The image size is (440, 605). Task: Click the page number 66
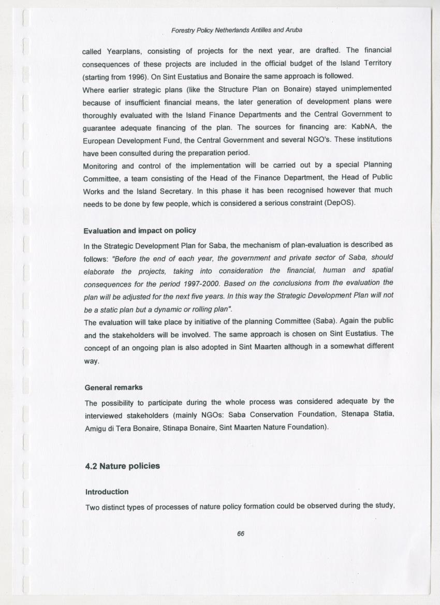click(x=240, y=534)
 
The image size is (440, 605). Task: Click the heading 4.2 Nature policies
click(x=122, y=466)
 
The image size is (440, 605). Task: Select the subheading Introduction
click(x=107, y=492)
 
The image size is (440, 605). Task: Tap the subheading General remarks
click(x=113, y=387)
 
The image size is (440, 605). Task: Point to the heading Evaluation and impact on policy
click(x=140, y=230)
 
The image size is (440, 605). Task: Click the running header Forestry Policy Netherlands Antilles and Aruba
click(x=237, y=30)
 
